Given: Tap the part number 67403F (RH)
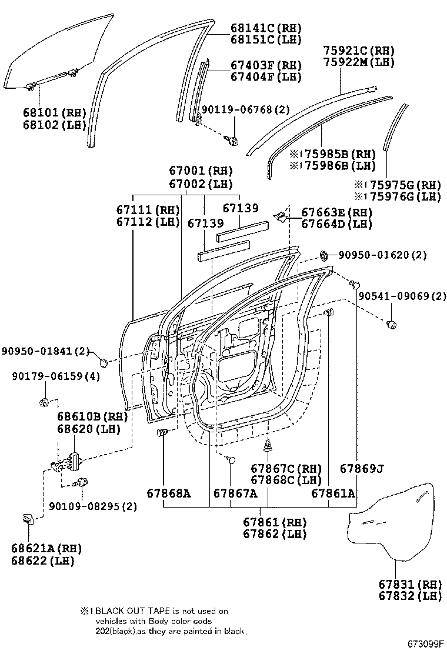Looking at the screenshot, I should pyautogui.click(x=257, y=65).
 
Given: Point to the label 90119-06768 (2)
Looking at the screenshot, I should pyautogui.click(x=246, y=110).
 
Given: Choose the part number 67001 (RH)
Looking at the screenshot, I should pyautogui.click(x=201, y=171).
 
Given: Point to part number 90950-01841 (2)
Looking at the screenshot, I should pyautogui.click(x=45, y=351).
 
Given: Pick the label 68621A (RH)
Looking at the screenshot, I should pyautogui.click(x=46, y=548).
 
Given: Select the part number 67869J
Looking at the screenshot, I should pyautogui.click(x=362, y=469).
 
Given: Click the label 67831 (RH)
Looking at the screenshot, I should pyautogui.click(x=409, y=584).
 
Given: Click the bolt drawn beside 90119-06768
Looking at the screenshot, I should pyautogui.click(x=232, y=141).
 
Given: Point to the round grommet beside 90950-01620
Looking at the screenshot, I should pyautogui.click(x=324, y=255).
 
